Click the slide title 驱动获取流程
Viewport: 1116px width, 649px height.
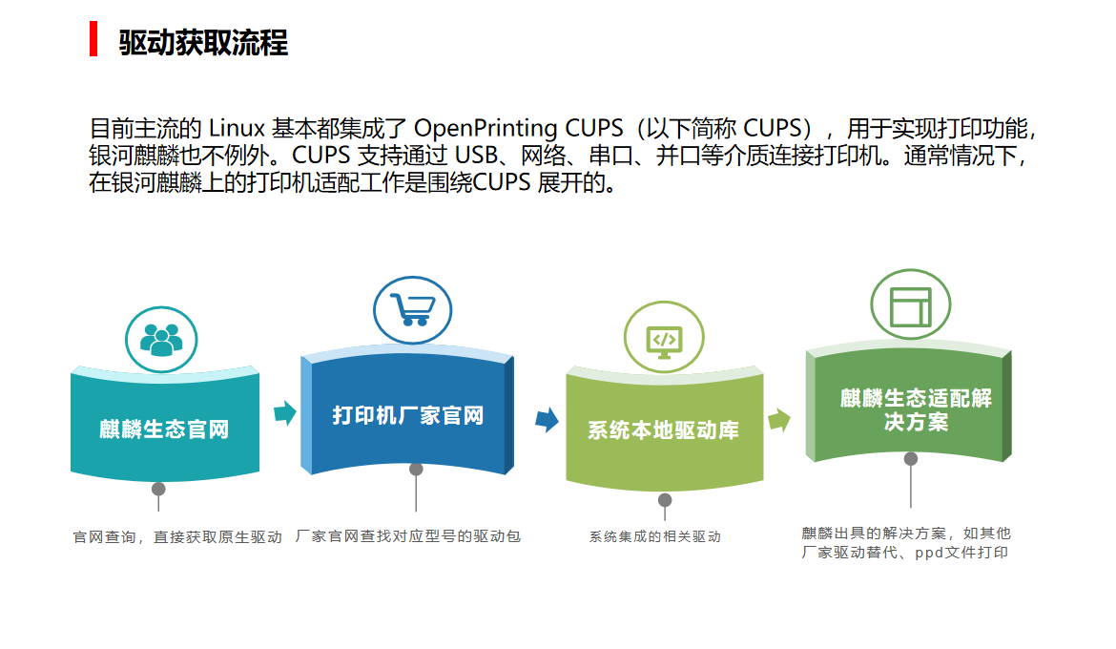coord(203,43)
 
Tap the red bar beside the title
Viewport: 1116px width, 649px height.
coord(93,39)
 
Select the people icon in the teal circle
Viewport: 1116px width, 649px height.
coord(161,339)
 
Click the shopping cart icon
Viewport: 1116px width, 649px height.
coord(413,309)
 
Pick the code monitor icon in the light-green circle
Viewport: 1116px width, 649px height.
coord(664,339)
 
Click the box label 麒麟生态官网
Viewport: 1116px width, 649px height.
coord(164,429)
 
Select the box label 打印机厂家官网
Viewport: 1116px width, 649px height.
coord(408,415)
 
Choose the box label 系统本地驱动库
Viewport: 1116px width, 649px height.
coord(663,430)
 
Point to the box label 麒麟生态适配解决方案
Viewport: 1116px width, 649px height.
coord(916,409)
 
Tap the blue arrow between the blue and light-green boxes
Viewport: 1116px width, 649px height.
coord(547,419)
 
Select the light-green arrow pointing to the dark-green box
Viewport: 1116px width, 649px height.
coord(779,419)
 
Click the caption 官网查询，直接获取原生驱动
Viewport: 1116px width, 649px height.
coord(177,537)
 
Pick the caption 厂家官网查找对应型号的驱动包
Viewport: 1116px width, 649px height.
coord(408,536)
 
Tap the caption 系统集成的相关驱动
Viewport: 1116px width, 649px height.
coord(654,536)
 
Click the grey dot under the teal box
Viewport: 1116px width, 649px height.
coord(158,490)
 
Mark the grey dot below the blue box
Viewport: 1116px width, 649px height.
coord(416,470)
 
